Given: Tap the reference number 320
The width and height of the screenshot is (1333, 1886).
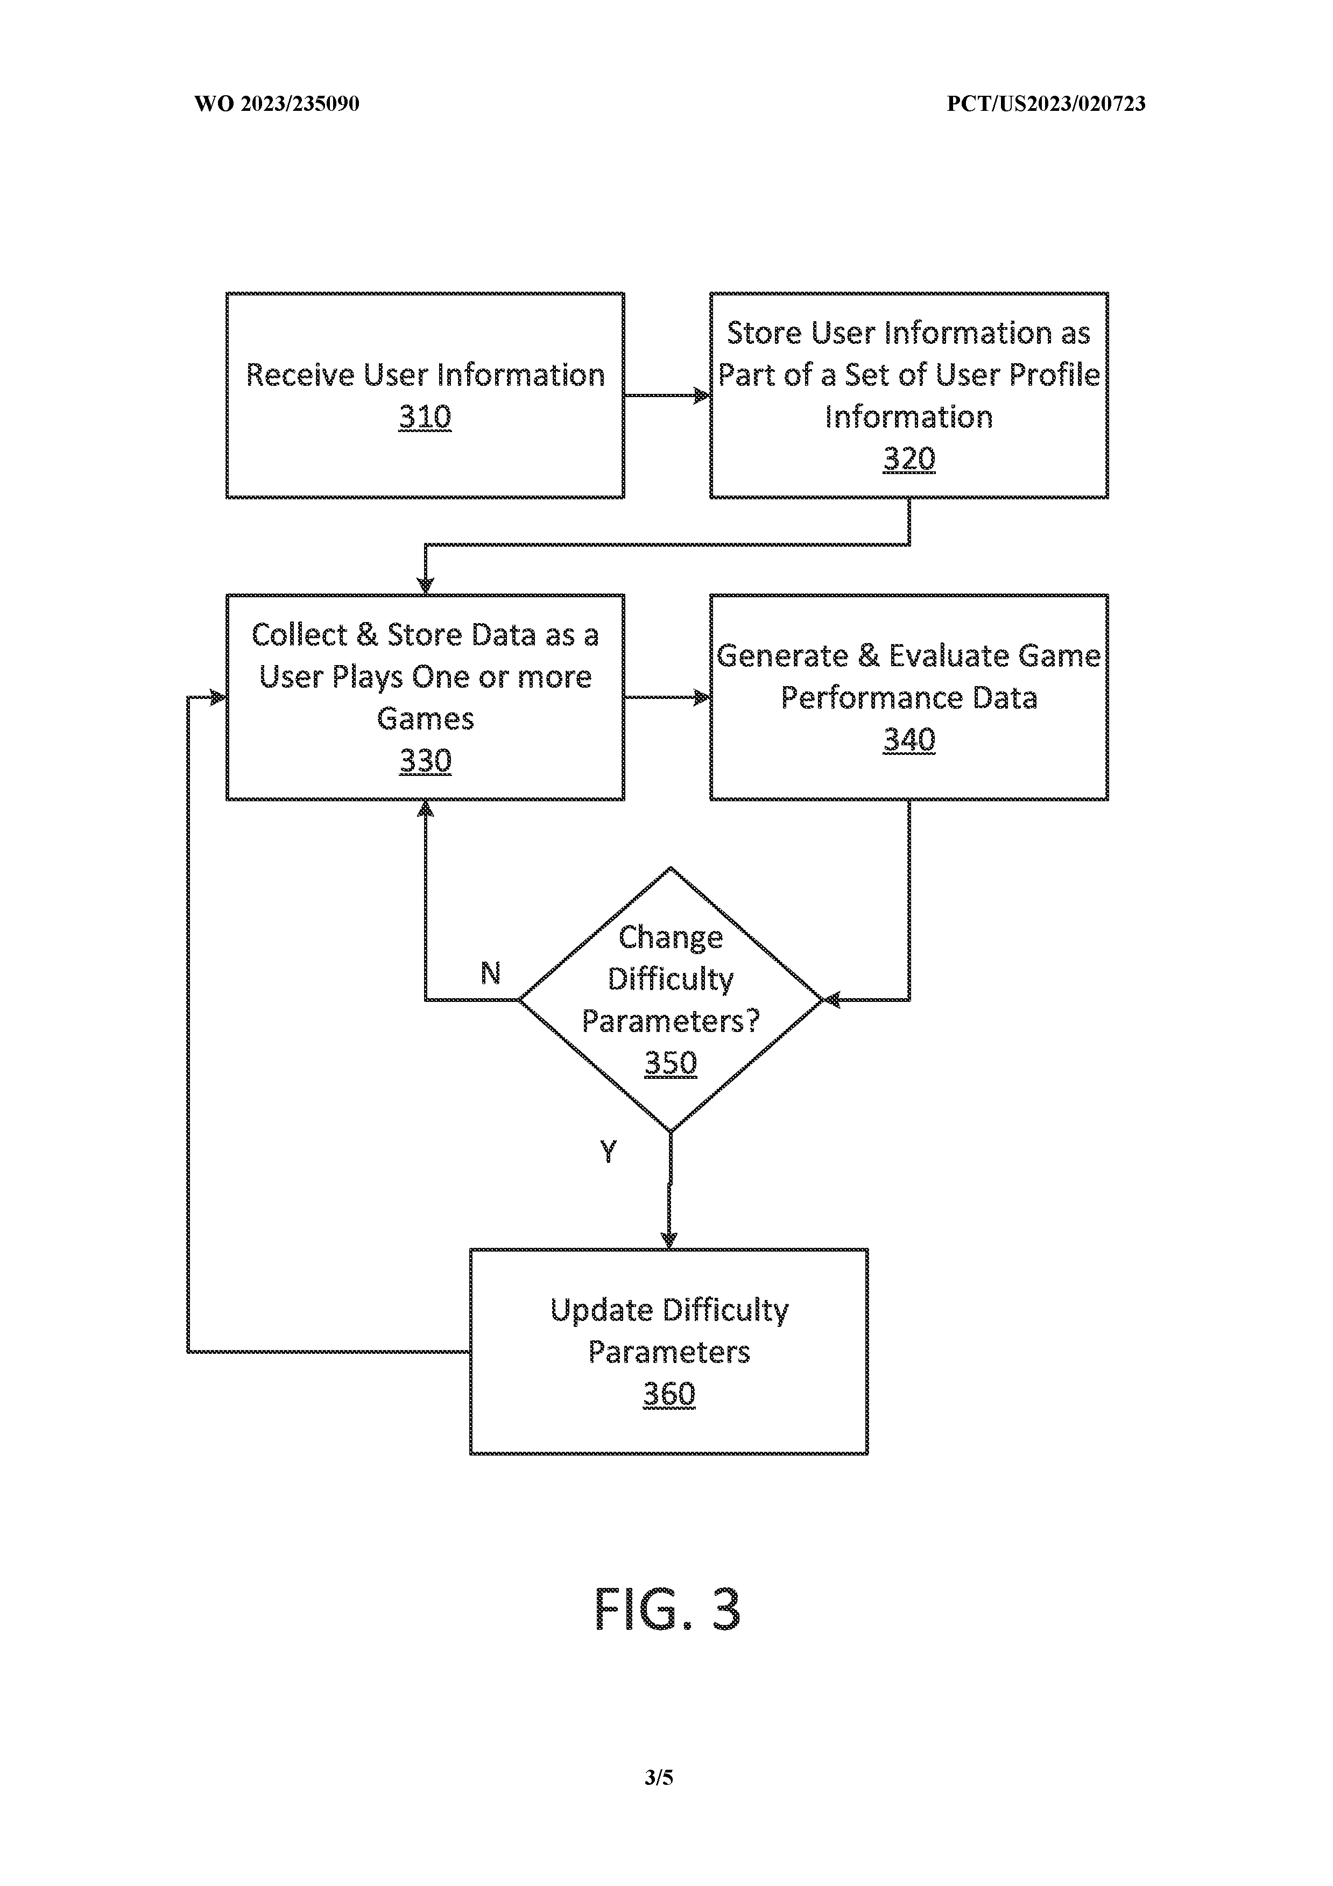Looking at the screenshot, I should click(x=908, y=459).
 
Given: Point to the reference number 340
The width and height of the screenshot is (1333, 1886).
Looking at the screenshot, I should click(x=908, y=740).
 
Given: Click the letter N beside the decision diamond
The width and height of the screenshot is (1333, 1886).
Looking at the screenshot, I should click(x=490, y=973).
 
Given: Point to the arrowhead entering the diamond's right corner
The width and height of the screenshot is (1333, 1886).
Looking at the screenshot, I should click(x=831, y=1000).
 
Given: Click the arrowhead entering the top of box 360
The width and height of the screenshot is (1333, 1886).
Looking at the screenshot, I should click(x=669, y=1240).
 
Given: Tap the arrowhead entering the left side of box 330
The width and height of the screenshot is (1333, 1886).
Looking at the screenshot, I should click(x=217, y=697).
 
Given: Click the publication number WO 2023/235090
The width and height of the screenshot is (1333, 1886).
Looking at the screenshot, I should click(x=277, y=103).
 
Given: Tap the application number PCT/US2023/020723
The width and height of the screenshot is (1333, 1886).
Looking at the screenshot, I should click(x=1046, y=103).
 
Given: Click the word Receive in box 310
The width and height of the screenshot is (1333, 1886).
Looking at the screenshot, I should click(x=301, y=376).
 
